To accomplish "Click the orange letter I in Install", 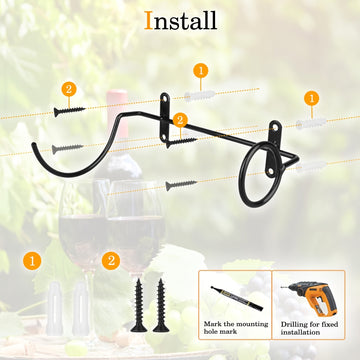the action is pos(148,21).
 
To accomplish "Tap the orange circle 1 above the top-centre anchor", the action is pos(201,71).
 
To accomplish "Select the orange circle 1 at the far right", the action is pos(312,98).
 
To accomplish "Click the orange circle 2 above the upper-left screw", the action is pos(69,89).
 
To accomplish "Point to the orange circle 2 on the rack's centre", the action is pos(180,120).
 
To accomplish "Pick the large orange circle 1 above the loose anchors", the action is pos(32,261).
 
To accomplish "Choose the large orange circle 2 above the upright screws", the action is pos(111,261).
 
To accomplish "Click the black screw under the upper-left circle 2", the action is pos(69,111).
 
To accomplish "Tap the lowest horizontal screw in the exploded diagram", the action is pos(181,185).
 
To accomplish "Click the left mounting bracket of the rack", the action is pos(165,117).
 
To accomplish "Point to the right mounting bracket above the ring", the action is pos(275,148).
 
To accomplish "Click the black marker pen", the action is pos(237,298).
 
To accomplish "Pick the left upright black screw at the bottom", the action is pos(139,305).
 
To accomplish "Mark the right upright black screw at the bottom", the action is pos(161,305).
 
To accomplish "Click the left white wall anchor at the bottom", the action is pos(55,308).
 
